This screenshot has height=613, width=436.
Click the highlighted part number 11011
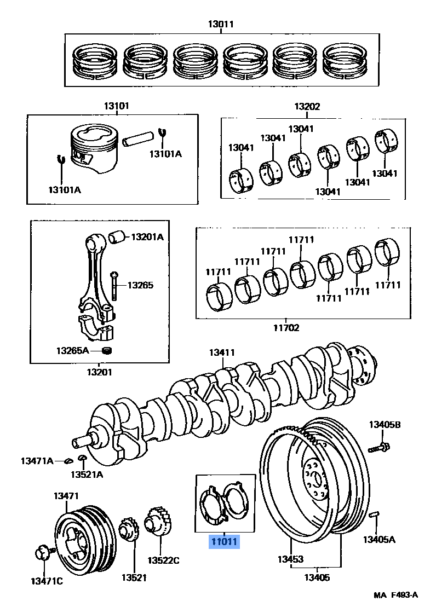click(x=222, y=542)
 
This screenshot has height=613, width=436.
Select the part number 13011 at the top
click(x=221, y=24)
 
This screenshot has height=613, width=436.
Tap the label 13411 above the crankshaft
click(x=222, y=353)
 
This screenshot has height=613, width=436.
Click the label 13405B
click(x=384, y=424)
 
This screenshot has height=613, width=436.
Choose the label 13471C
click(x=46, y=581)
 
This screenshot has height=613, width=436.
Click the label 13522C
click(x=163, y=560)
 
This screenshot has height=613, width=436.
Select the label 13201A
click(x=146, y=236)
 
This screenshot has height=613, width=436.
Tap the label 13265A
click(x=72, y=349)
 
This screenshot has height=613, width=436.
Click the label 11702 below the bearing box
click(x=286, y=328)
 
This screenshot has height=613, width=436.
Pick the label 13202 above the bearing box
click(x=307, y=107)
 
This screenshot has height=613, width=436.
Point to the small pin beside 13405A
click(x=374, y=514)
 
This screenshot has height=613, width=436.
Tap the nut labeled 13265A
click(x=108, y=350)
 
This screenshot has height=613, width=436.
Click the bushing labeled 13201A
click(x=117, y=237)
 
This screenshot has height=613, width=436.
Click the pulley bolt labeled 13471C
click(x=43, y=552)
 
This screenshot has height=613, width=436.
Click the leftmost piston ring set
click(x=95, y=61)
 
